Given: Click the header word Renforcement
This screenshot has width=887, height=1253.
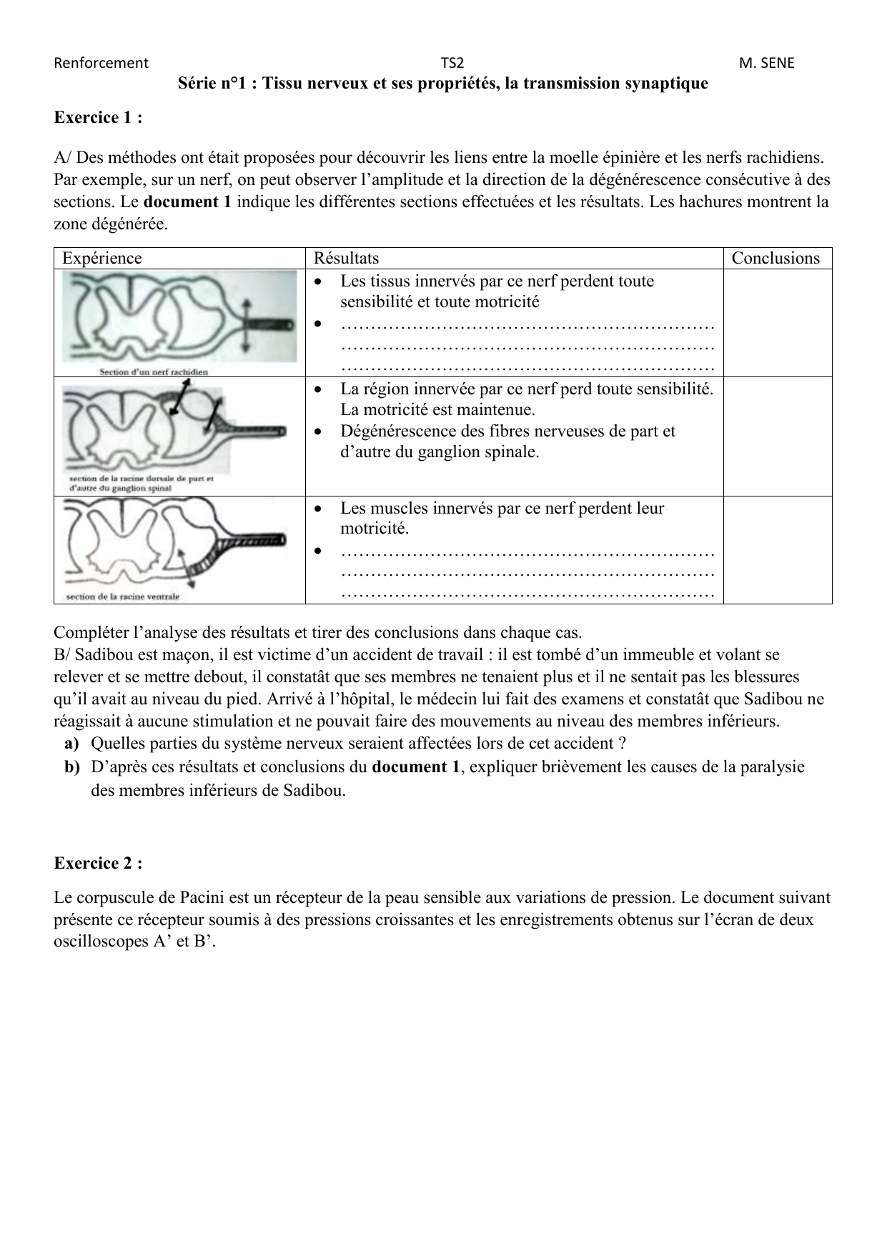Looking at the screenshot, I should click(101, 63).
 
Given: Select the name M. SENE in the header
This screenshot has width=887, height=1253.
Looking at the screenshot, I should click(766, 63).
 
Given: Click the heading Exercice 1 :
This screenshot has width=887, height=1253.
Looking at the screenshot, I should click(98, 118).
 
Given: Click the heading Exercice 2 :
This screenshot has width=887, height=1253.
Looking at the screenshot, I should click(98, 863).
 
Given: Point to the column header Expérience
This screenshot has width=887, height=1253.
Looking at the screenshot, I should click(102, 258).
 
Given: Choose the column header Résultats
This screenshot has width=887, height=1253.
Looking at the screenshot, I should click(346, 258).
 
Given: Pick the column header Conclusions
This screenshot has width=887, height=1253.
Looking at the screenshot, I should click(775, 258).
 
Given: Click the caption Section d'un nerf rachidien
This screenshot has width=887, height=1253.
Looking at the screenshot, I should click(154, 371).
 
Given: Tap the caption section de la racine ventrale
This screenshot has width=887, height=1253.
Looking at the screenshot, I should click(122, 596).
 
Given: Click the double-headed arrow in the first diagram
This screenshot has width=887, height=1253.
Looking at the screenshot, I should click(246, 324).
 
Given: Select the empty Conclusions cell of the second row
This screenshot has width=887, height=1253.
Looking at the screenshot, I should click(777, 436).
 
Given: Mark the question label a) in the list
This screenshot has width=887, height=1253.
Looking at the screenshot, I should click(71, 744).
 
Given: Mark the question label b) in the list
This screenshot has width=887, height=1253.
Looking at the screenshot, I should click(71, 767).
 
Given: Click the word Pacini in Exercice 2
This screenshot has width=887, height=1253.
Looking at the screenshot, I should click(202, 898).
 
